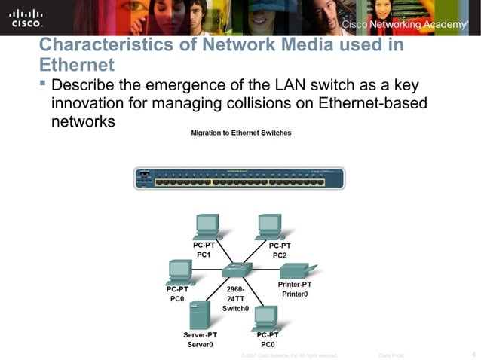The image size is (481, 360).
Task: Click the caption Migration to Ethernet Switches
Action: (x=240, y=133)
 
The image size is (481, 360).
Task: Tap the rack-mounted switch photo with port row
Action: (x=240, y=178)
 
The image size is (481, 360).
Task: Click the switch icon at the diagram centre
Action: (x=240, y=270)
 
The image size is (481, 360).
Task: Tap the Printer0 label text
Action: (x=295, y=294)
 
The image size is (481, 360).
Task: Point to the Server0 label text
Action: (x=201, y=344)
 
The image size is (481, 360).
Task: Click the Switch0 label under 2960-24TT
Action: (x=235, y=308)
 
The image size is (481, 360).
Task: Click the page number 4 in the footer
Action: (x=473, y=354)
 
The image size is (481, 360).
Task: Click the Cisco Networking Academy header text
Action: (x=405, y=26)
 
